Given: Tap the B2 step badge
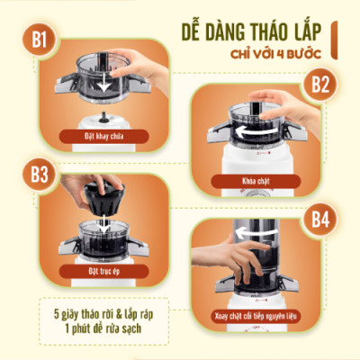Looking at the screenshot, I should [321, 85].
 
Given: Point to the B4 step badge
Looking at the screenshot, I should [323, 219].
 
